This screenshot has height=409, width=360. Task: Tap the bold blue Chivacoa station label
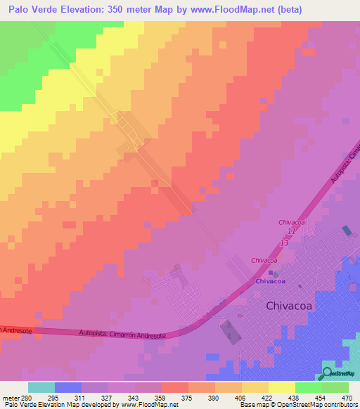tap(270, 281)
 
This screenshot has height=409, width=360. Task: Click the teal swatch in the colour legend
tap(41, 387)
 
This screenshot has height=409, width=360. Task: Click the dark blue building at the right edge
tap(347, 231)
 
